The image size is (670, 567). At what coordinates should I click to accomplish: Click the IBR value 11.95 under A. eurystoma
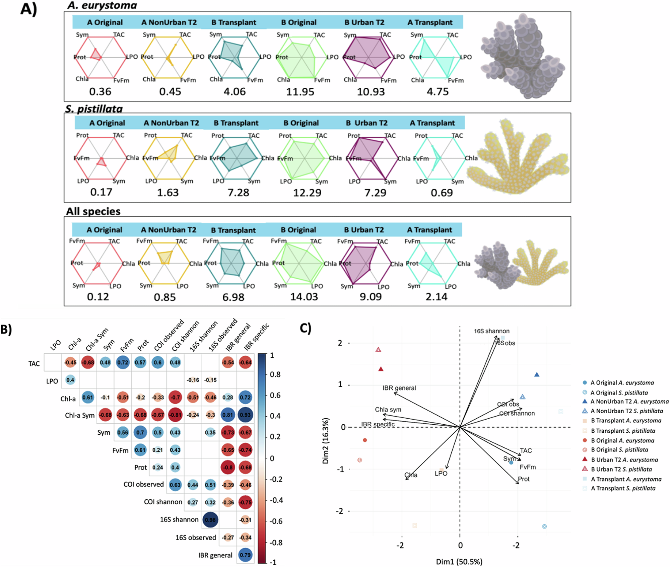(x=300, y=92)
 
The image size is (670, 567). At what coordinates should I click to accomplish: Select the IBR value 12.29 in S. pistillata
(x=307, y=193)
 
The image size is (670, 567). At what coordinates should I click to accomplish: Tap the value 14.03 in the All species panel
(x=304, y=297)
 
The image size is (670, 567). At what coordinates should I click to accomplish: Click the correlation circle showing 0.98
(x=210, y=520)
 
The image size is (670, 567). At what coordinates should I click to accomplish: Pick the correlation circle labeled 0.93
(x=245, y=415)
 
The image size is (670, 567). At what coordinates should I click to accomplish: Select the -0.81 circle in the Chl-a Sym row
(x=175, y=415)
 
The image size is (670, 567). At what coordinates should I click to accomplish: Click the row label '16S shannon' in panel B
(x=179, y=519)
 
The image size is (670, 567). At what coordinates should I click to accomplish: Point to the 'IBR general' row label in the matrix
(x=215, y=555)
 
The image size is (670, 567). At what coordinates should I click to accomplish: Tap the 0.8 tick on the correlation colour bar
(x=275, y=374)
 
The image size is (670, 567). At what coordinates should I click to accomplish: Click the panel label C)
(x=306, y=328)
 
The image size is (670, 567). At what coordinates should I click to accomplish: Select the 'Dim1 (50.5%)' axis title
(x=459, y=562)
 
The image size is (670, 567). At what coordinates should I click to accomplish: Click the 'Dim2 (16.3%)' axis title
(x=325, y=440)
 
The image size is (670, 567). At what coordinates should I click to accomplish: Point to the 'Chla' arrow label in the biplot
(x=411, y=475)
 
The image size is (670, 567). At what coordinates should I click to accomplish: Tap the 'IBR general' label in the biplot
(x=399, y=388)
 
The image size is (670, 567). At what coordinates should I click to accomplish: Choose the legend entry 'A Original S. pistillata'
(x=619, y=393)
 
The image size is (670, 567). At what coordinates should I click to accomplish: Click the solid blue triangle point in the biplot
(x=537, y=375)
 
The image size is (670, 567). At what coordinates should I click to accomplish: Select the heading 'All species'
(x=93, y=211)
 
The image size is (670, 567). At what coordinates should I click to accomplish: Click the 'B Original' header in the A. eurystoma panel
(x=298, y=22)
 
